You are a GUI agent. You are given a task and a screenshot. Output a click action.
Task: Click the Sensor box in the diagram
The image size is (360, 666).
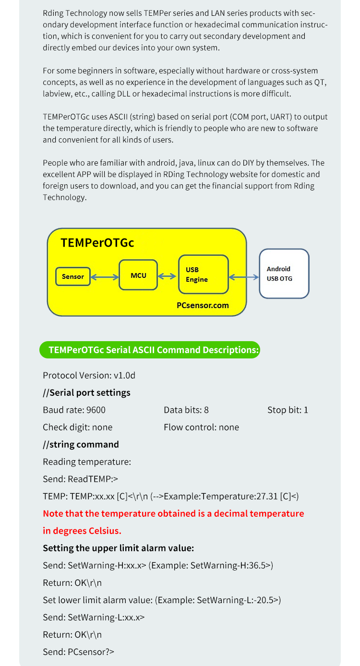point(73,276)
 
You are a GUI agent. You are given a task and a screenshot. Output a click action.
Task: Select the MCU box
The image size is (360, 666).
point(138,275)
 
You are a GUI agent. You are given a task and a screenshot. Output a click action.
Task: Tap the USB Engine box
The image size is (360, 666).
point(204,274)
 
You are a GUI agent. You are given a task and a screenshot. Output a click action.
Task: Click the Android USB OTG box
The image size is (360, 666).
point(284,274)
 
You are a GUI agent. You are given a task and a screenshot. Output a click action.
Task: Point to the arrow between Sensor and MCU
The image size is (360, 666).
point(105,277)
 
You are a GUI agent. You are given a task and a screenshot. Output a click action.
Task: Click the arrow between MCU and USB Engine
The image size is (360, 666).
point(167,276)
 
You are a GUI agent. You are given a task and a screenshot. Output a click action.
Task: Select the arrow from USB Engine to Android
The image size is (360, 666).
point(244,277)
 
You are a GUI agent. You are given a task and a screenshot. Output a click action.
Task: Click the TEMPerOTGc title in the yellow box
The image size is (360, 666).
point(97,243)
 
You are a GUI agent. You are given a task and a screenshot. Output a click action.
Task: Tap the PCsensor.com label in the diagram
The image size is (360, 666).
point(203,305)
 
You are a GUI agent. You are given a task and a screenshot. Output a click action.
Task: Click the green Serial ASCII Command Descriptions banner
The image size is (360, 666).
point(150,350)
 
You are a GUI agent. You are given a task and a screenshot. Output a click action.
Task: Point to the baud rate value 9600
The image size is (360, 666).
point(96,410)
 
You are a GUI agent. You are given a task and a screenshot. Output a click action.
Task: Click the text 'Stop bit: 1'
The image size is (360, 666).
point(288,410)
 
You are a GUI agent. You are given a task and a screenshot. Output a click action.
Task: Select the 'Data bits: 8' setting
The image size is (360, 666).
point(186,410)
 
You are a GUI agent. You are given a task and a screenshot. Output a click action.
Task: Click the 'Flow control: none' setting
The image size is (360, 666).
point(202,427)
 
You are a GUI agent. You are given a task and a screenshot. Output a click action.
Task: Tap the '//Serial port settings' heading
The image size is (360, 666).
point(86,393)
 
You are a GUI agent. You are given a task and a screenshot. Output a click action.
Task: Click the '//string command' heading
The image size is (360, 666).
point(81,444)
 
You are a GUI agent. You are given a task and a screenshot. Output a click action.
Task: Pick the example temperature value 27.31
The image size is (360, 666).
point(267,496)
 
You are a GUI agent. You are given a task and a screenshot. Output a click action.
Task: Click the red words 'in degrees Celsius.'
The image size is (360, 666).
point(82,531)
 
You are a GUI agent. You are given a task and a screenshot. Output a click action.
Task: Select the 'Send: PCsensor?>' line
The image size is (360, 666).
point(79,652)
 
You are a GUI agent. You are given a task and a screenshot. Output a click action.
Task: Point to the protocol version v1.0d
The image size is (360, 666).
point(124,376)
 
